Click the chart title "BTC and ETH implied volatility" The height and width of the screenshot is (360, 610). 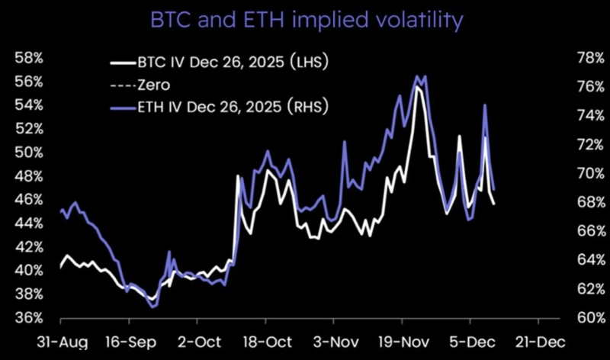[305, 19]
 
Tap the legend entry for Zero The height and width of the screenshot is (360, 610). [153, 84]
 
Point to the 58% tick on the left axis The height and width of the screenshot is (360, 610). [29, 58]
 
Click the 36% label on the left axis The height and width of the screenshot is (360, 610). [29, 318]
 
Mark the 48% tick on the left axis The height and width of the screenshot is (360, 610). [29, 176]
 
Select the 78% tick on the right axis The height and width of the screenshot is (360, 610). [577, 58]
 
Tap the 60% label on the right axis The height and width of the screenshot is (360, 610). [577, 318]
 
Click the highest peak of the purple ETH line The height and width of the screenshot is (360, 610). [418, 76]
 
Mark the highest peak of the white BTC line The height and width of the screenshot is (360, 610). [416, 88]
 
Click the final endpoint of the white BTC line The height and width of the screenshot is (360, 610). [494, 204]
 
